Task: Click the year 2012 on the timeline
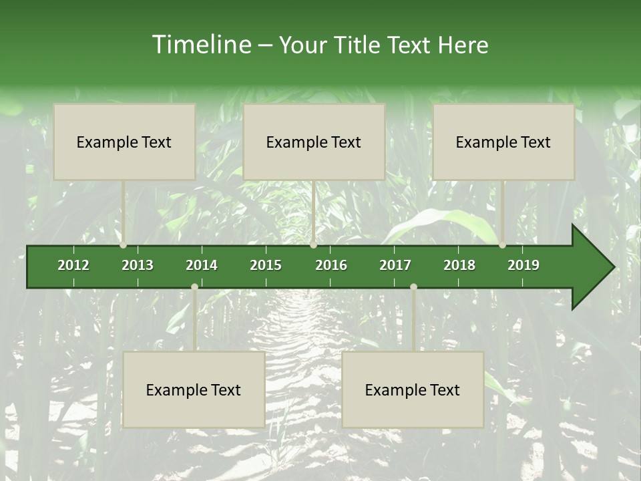pos(73,265)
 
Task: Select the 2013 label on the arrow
pos(138,265)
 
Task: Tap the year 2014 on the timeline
pos(202,265)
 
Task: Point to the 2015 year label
pos(266,265)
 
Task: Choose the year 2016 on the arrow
pos(331,265)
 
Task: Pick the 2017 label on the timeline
pos(395,265)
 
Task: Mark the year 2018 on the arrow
pos(459,265)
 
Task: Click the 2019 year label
pos(523,265)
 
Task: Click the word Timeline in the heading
pos(200,45)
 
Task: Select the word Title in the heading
pos(361,45)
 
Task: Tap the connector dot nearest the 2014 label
pos(194,287)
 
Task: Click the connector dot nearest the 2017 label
pos(413,287)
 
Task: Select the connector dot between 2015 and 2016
pos(313,245)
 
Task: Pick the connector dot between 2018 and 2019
pos(502,245)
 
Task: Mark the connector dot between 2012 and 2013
pos(124,245)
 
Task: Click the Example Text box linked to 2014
pos(194,389)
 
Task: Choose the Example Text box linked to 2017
pos(413,389)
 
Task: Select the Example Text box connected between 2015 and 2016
pos(314,142)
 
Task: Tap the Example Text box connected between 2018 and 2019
pos(503,142)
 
